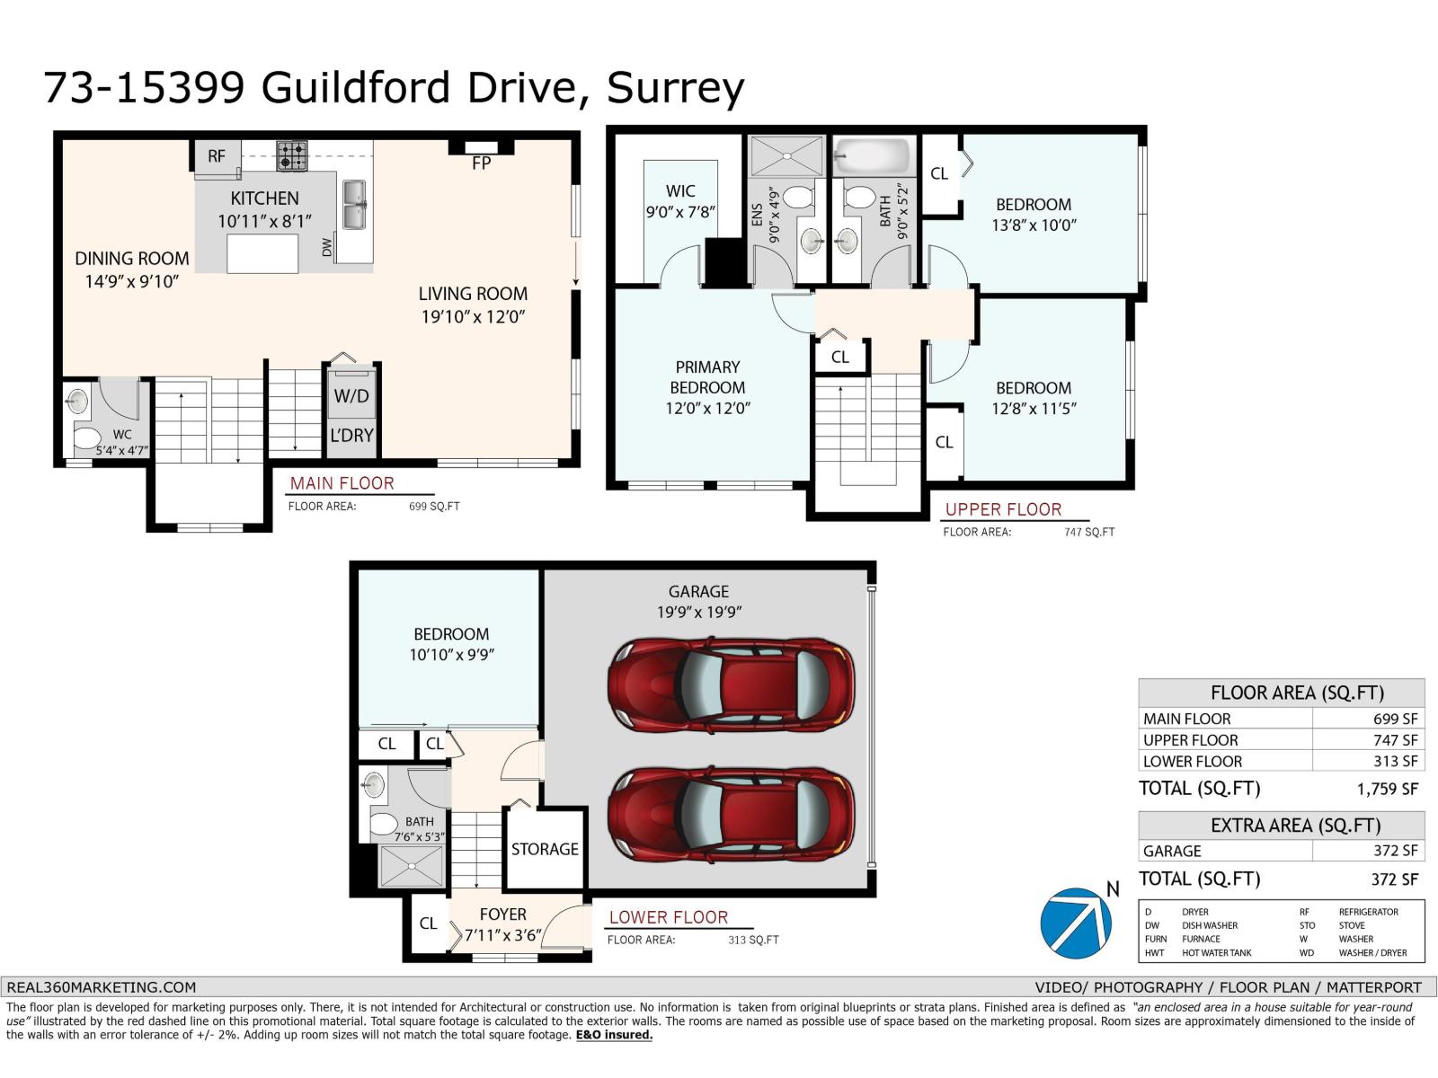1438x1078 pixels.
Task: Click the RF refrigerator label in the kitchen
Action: click(217, 156)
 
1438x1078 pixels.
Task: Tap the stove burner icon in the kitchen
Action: click(291, 155)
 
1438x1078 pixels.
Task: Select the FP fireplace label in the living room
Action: click(481, 163)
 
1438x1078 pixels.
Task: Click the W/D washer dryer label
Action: click(351, 396)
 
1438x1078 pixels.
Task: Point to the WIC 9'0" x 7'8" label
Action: click(680, 201)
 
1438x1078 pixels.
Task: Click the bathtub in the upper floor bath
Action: click(872, 158)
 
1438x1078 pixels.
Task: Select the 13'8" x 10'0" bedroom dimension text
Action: click(1034, 225)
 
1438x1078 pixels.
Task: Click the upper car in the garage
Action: click(731, 683)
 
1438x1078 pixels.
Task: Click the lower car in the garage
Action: click(731, 813)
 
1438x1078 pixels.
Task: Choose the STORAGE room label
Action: click(545, 849)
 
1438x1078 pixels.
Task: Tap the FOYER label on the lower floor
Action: click(502, 915)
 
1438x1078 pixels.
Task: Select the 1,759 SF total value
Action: click(1387, 790)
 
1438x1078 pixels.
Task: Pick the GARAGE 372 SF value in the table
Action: click(1395, 851)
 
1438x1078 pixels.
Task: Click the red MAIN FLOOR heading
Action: click(342, 483)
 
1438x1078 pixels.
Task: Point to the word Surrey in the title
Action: click(675, 88)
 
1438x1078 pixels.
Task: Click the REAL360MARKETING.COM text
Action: click(101, 987)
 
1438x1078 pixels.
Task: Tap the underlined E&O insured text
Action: click(614, 1035)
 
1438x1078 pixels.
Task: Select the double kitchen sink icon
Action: click(354, 205)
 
